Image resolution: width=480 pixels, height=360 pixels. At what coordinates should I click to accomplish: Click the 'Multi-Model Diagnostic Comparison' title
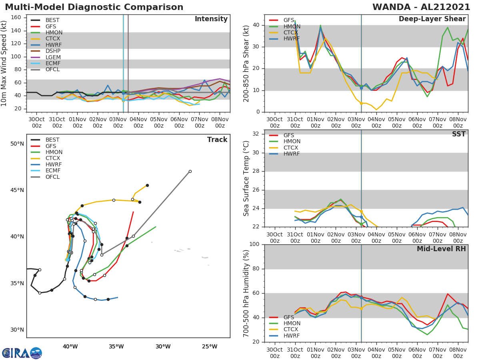click(94, 7)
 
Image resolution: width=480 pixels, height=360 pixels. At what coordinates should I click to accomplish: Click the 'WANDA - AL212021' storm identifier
click(422, 7)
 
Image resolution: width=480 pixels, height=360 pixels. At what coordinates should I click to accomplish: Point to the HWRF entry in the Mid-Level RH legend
click(291, 336)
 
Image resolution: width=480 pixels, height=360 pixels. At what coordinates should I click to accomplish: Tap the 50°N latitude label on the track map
click(17, 144)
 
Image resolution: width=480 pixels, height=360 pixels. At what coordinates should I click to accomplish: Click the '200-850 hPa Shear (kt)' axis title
click(247, 63)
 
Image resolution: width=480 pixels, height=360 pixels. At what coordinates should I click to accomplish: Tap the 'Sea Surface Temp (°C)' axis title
click(247, 178)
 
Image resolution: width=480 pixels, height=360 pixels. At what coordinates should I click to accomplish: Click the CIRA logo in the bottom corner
click(22, 353)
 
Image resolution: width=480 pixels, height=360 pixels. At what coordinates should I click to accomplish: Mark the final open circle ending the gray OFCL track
click(190, 171)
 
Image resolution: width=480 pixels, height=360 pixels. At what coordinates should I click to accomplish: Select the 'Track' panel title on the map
click(217, 140)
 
